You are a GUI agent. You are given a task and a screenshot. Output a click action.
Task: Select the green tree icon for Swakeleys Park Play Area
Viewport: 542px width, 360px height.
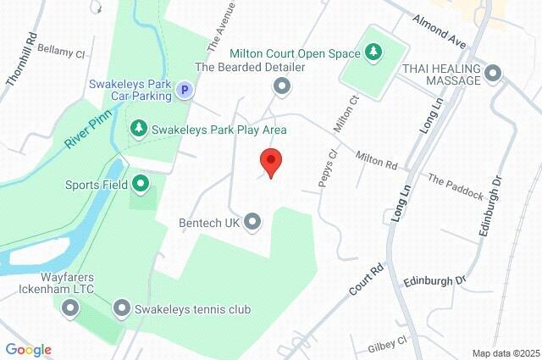click(x=137, y=129)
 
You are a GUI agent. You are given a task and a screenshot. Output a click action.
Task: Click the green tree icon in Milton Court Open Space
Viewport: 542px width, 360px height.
click(x=373, y=53)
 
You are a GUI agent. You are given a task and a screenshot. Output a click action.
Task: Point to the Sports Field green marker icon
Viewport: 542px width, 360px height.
click(x=141, y=183)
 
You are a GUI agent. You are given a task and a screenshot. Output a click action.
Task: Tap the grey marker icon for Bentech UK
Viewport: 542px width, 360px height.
click(x=252, y=222)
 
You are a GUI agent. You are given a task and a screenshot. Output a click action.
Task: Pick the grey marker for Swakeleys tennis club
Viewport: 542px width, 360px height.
click(x=121, y=309)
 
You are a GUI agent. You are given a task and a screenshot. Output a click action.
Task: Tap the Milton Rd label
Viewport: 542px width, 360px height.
click(x=377, y=158)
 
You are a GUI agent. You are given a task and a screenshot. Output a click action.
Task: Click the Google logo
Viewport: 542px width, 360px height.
click(x=28, y=350)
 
